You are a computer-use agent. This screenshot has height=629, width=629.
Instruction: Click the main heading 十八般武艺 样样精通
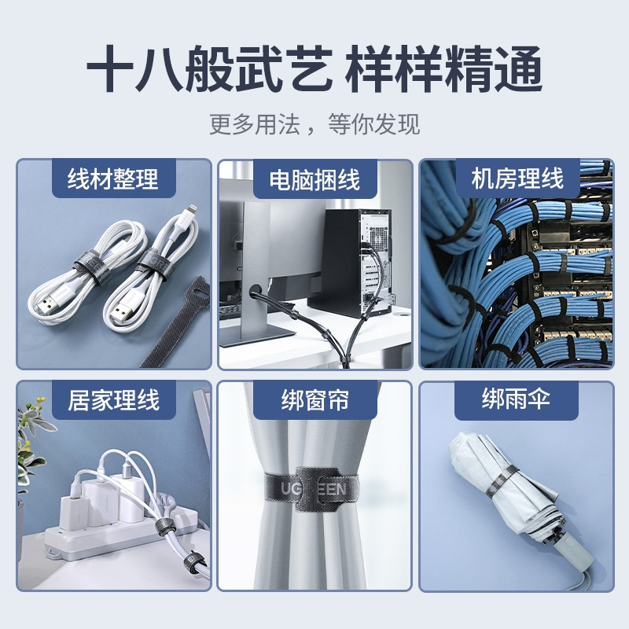(314, 69)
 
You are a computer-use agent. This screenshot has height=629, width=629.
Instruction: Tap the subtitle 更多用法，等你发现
(314, 124)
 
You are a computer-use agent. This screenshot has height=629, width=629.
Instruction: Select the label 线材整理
(113, 179)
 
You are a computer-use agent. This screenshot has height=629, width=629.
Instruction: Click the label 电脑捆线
(314, 179)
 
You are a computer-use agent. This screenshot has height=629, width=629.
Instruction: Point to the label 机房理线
(517, 178)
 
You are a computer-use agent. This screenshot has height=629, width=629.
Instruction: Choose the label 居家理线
(113, 400)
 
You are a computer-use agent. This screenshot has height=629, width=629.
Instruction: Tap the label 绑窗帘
(314, 400)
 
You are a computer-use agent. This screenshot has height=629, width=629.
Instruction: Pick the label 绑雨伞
(516, 399)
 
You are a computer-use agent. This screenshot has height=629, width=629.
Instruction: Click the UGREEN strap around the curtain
(311, 489)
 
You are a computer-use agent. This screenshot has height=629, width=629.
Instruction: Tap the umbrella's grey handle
(573, 550)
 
